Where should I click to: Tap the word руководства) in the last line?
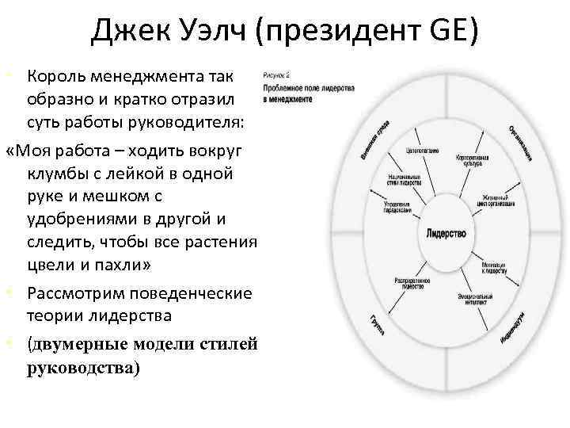83,368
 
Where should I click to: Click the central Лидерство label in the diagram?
446,235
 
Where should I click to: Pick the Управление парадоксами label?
397,208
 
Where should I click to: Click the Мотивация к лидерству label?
494,267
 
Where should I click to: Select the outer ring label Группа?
378,324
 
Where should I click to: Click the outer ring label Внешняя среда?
379,142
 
